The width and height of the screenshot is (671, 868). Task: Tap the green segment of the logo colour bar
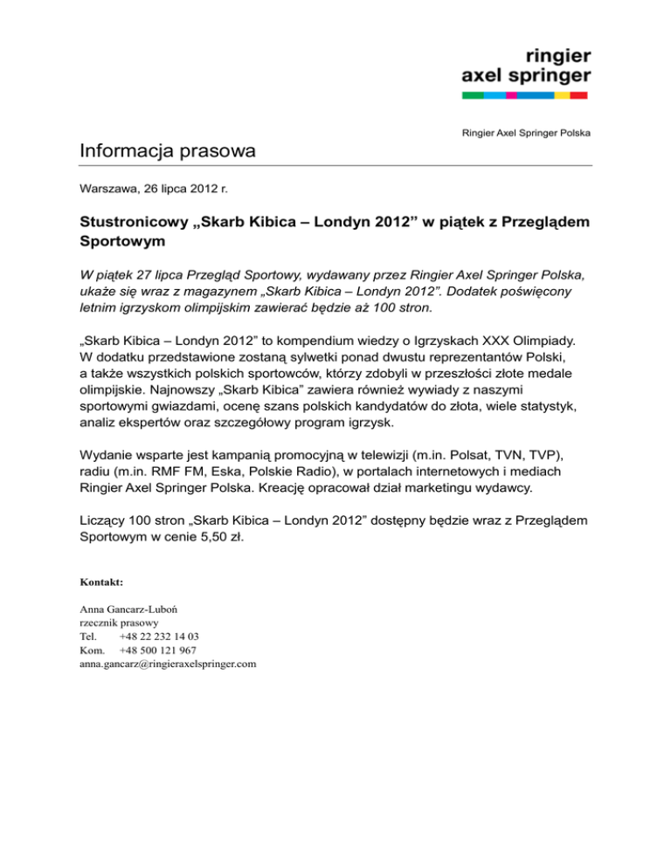coord(473,94)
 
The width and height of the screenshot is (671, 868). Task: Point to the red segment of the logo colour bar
coord(578,94)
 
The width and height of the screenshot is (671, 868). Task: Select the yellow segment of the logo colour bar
coord(562,94)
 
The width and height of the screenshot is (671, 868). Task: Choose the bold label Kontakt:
coord(100,581)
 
